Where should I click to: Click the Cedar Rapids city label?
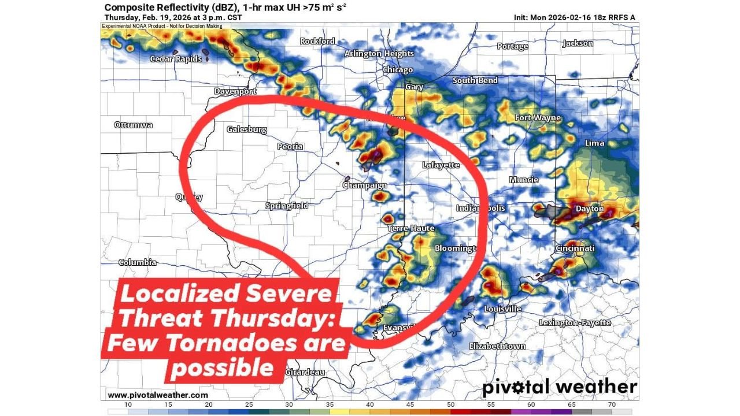tap(176, 59)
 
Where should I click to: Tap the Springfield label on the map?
tap(286, 206)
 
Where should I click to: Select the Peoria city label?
tap(290, 146)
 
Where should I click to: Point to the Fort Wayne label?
tap(538, 118)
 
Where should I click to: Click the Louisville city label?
tap(502, 309)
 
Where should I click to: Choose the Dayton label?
tap(590, 209)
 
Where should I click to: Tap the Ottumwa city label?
tap(133, 125)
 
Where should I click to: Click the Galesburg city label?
tap(246, 129)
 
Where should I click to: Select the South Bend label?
tap(475, 80)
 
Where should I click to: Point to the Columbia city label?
tap(137, 262)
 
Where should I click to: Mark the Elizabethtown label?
tap(497, 346)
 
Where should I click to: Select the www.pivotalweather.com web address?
tap(157, 395)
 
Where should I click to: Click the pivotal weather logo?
tap(559, 387)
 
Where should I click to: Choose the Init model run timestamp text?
tap(574, 17)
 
